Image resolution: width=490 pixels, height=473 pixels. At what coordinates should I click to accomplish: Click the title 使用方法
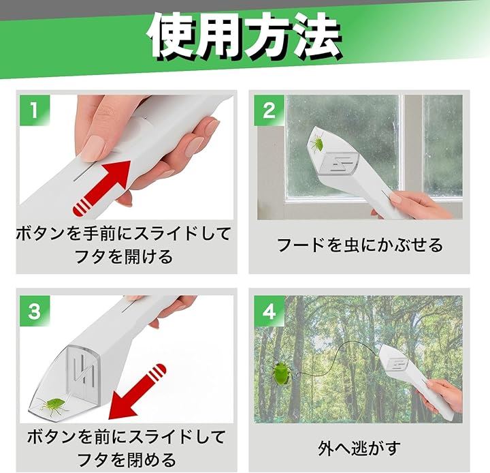245,35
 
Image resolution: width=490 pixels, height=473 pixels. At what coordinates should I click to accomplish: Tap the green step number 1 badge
35,110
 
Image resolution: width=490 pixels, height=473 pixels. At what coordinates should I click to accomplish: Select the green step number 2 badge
269,110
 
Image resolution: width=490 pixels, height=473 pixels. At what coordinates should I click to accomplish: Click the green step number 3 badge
35,311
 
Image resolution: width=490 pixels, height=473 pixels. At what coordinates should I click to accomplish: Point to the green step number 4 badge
269,311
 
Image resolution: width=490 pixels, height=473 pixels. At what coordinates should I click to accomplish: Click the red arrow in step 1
101,188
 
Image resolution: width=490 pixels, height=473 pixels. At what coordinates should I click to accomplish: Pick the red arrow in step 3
137,393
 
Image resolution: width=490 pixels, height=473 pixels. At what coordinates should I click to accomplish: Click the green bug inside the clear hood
53,406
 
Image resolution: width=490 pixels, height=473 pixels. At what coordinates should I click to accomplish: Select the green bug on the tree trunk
281,373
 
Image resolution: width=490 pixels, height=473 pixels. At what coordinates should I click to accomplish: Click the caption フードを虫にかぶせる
360,245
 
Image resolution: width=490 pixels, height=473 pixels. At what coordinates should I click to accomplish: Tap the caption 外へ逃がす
359,448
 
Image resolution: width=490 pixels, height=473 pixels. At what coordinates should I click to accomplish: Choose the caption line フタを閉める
127,459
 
